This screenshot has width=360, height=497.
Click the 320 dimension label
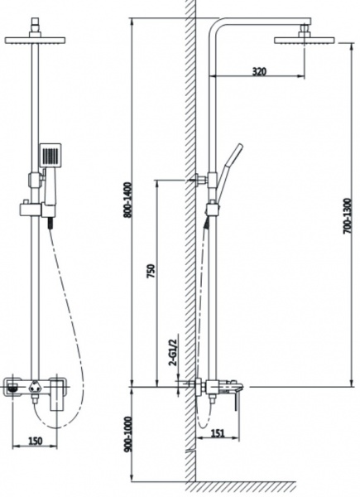(x=259, y=71)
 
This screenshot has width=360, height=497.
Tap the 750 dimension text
(x=151, y=271)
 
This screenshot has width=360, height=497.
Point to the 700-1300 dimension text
(x=348, y=216)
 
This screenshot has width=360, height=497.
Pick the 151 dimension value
(x=218, y=432)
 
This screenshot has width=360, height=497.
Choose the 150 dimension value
(x=35, y=441)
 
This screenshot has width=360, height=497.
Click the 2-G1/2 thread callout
(x=174, y=353)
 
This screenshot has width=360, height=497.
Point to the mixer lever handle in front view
(x=58, y=395)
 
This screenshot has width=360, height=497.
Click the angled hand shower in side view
(x=228, y=173)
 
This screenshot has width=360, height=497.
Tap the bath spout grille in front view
(x=12, y=387)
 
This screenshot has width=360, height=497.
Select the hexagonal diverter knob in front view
(x=34, y=387)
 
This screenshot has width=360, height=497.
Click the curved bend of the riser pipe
(x=214, y=25)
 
